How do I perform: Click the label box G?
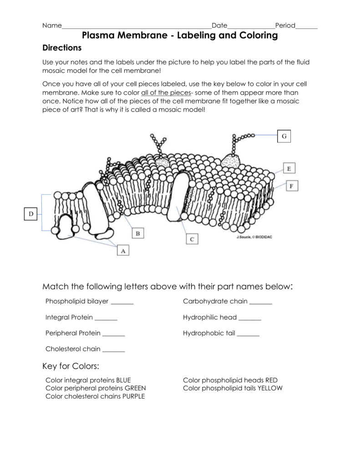pyautogui.click(x=284, y=136)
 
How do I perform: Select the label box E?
pyautogui.click(x=289, y=169)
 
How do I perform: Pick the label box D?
pyautogui.click(x=31, y=213)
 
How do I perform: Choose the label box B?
pyautogui.click(x=138, y=233)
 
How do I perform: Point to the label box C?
pyautogui.click(x=192, y=238)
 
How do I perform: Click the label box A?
pyautogui.click(x=122, y=249)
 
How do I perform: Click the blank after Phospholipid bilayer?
pyautogui.click(x=122, y=301)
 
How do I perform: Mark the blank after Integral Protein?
pyautogui.click(x=106, y=317)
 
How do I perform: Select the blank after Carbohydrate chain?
pyautogui.click(x=260, y=301)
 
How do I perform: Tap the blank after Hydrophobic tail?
pyautogui.click(x=248, y=333)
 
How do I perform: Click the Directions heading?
pyautogui.click(x=62, y=48)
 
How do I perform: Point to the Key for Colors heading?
pyautogui.click(x=71, y=366)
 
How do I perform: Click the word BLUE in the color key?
pyautogui.click(x=123, y=380)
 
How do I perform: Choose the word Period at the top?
pyautogui.click(x=285, y=25)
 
